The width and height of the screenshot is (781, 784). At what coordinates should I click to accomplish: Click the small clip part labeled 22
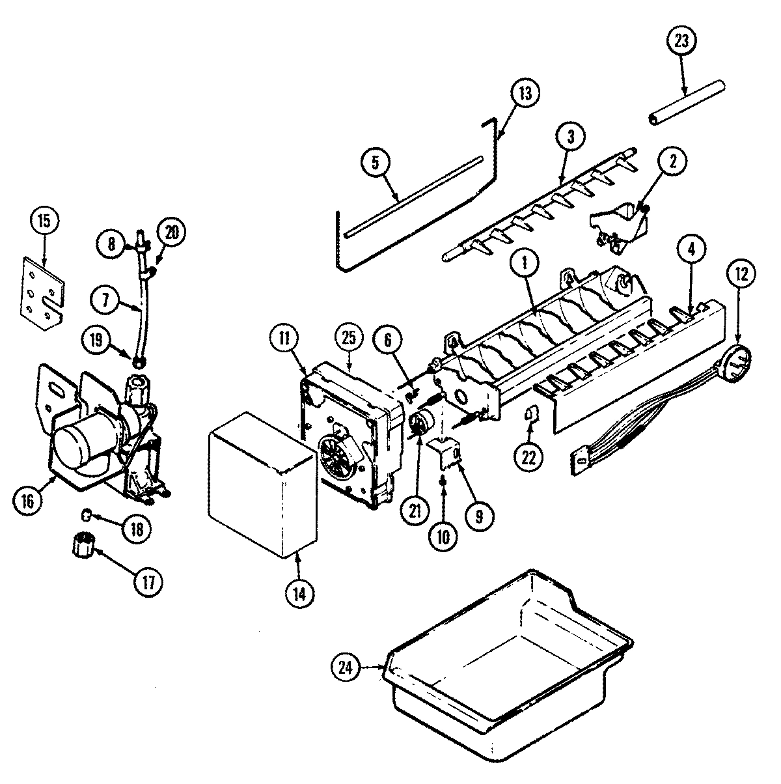point(531,413)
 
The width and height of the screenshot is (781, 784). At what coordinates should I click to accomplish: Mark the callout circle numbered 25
point(349,339)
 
